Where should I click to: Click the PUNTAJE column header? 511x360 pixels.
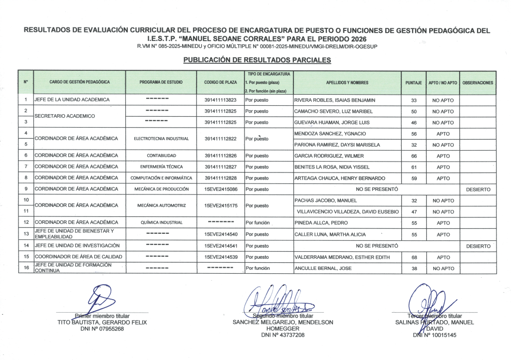click(x=413, y=82)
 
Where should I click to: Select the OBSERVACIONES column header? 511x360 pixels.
click(x=478, y=82)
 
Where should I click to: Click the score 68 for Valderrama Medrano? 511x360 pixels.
click(x=413, y=257)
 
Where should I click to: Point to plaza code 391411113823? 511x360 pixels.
click(x=221, y=100)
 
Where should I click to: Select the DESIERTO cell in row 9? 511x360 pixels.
click(x=478, y=189)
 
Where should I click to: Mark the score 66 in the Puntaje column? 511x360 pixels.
click(x=413, y=156)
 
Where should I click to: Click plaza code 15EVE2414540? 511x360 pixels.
click(x=221, y=234)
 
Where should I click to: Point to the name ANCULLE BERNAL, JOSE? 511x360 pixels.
click(x=323, y=268)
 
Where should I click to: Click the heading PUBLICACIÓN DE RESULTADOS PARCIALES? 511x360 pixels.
click(x=257, y=60)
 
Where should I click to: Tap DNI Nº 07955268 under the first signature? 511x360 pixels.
click(x=103, y=329)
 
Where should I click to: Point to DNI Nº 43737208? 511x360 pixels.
click(x=282, y=335)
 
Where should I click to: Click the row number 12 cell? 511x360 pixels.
click(x=25, y=222)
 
